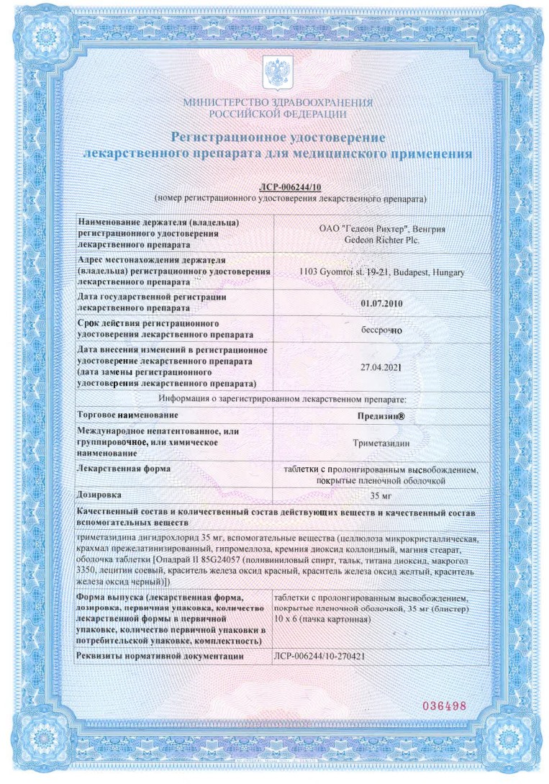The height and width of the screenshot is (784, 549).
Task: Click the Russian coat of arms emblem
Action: pos(277,72)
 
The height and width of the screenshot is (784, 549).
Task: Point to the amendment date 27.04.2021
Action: pos(381,366)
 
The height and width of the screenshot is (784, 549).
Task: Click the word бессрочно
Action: pos(381,331)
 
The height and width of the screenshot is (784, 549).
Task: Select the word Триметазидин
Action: pos(381,444)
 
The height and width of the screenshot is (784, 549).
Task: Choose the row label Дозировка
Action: pos(100,495)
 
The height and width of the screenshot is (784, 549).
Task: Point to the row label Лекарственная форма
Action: pos(124,469)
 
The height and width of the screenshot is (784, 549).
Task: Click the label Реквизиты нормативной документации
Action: pos(160,657)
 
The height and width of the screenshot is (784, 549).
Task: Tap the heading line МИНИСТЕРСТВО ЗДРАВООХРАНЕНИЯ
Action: pos(278,102)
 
